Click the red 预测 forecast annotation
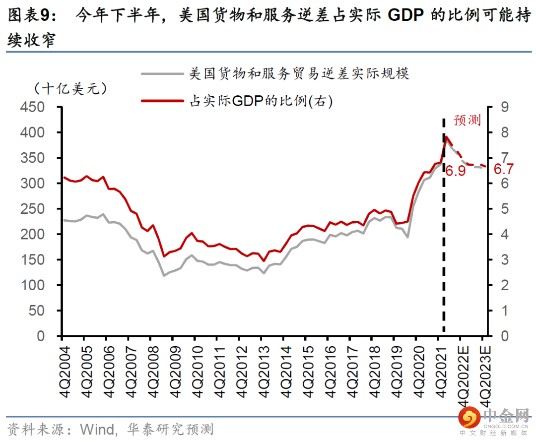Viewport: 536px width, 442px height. click(467, 121)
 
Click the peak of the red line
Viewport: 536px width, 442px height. click(447, 136)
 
